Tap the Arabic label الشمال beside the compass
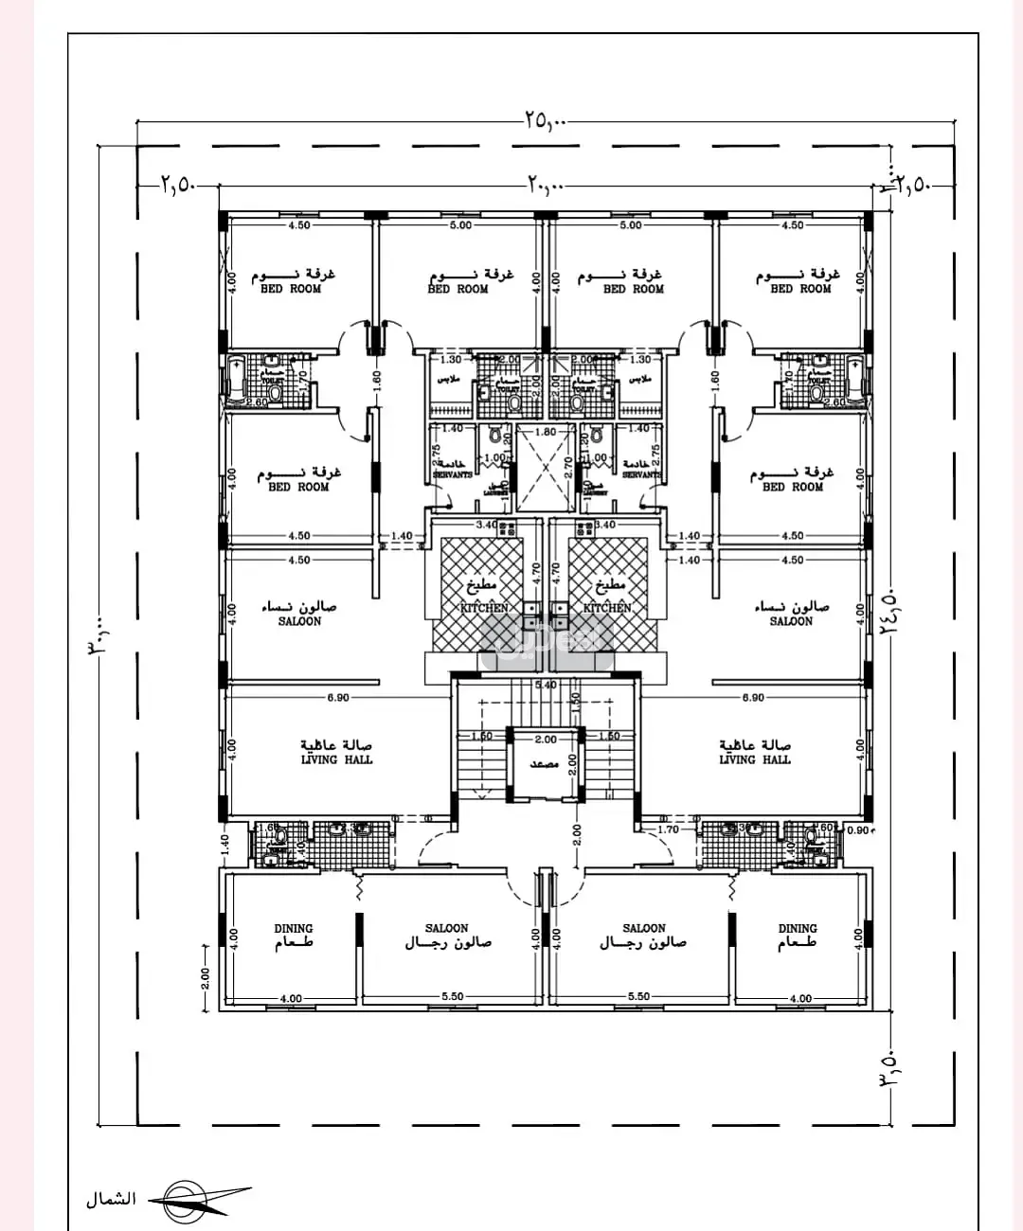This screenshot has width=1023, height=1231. point(111,1200)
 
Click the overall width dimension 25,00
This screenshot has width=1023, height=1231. point(544,120)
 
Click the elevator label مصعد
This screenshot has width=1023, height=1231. point(544,763)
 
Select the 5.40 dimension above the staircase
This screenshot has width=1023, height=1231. point(545,685)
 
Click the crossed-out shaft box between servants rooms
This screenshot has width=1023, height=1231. point(545,469)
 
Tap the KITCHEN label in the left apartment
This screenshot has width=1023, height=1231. point(484,608)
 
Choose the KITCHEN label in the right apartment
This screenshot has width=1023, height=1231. point(606,608)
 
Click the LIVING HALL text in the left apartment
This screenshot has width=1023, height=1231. point(336,759)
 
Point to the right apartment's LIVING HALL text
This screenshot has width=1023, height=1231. point(754,759)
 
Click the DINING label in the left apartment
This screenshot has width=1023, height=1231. point(293,929)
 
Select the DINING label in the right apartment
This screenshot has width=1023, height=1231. point(797,929)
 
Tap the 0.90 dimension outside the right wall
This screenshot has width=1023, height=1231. point(858,831)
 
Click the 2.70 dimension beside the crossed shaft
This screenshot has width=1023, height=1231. point(568,465)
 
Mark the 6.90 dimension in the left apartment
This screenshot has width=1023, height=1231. point(338,698)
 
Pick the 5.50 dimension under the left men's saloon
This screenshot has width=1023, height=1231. point(452,996)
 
